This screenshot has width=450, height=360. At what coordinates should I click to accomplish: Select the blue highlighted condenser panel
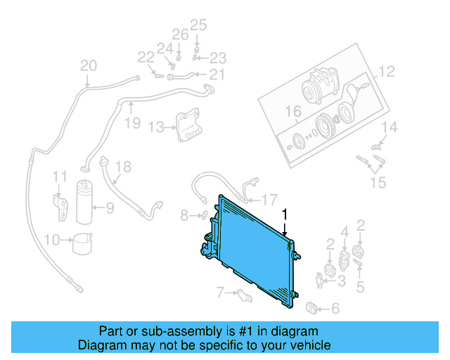click(253, 253)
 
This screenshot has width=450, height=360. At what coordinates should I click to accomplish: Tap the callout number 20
click(88, 66)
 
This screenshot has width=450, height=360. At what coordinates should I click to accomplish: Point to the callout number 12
click(387, 71)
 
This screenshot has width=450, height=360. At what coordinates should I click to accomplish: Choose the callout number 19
click(132, 124)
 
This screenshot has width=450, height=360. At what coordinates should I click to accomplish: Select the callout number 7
click(219, 291)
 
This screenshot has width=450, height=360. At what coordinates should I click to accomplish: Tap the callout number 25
click(198, 25)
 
